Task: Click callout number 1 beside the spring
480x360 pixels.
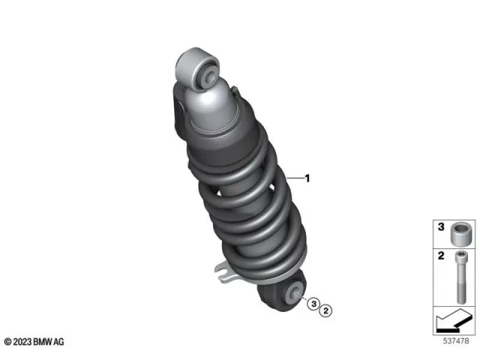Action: click(x=307, y=178)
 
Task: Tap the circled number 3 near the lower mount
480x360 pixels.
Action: click(x=315, y=304)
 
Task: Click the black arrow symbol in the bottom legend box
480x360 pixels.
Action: click(x=452, y=322)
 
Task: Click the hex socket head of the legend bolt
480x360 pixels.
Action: click(x=459, y=259)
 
